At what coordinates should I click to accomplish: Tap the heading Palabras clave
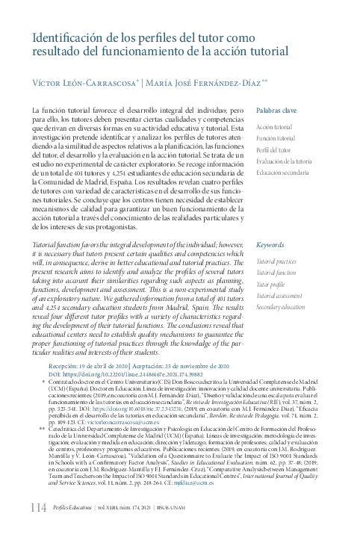coord(276,111)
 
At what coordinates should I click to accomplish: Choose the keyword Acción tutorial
coord(274,128)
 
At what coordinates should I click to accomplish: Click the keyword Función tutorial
coord(276,139)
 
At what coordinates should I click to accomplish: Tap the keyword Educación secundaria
coord(282,173)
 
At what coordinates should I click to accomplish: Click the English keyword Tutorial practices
coord(276,262)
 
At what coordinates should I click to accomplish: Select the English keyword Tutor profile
coord(270,285)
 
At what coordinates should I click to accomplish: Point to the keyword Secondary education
coord(282,307)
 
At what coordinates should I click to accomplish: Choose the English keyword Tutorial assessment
coord(279,296)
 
